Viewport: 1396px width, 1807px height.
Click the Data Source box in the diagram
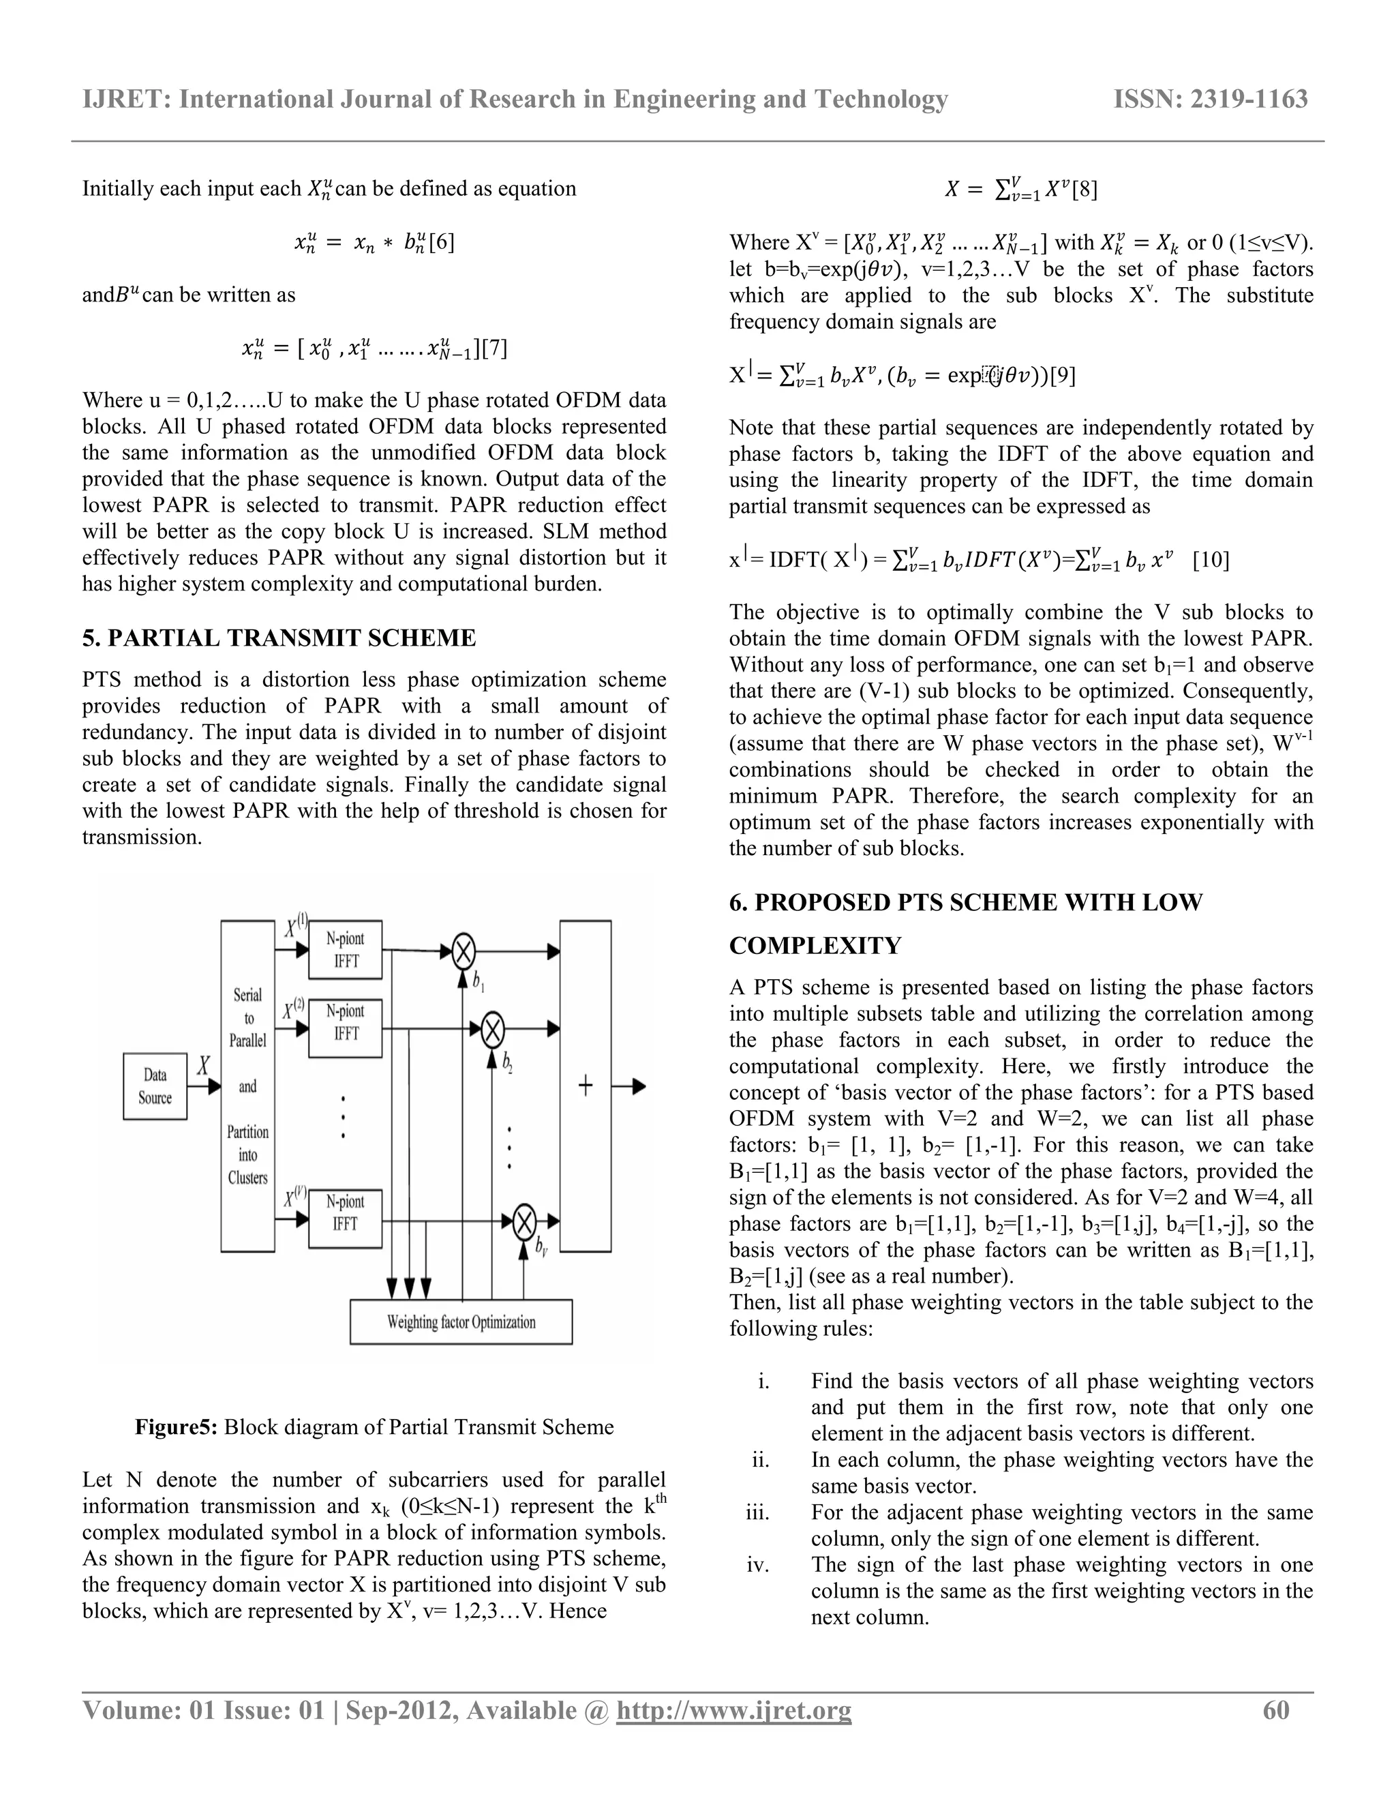coord(155,1086)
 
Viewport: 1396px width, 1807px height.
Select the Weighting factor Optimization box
coord(461,1322)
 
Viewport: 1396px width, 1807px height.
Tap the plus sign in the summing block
coord(586,1086)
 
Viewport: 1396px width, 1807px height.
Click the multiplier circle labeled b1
coord(463,951)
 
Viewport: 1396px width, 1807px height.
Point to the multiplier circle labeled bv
coord(524,1222)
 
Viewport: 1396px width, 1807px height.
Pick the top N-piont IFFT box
coord(345,950)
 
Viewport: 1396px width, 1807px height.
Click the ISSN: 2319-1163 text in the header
coord(1211,100)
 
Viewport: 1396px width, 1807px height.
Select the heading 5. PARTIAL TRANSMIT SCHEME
coord(279,638)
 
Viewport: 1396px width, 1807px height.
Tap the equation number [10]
coord(1211,561)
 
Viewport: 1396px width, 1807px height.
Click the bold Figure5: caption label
coord(176,1427)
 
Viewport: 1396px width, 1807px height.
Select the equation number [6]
coord(442,243)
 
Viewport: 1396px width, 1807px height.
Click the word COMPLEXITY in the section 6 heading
coord(815,946)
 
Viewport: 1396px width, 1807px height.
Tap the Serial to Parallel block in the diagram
coord(247,1086)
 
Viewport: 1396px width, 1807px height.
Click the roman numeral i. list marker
coord(763,1381)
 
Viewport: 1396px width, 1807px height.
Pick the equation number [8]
coord(1084,190)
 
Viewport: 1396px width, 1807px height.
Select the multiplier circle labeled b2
coord(493,1030)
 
